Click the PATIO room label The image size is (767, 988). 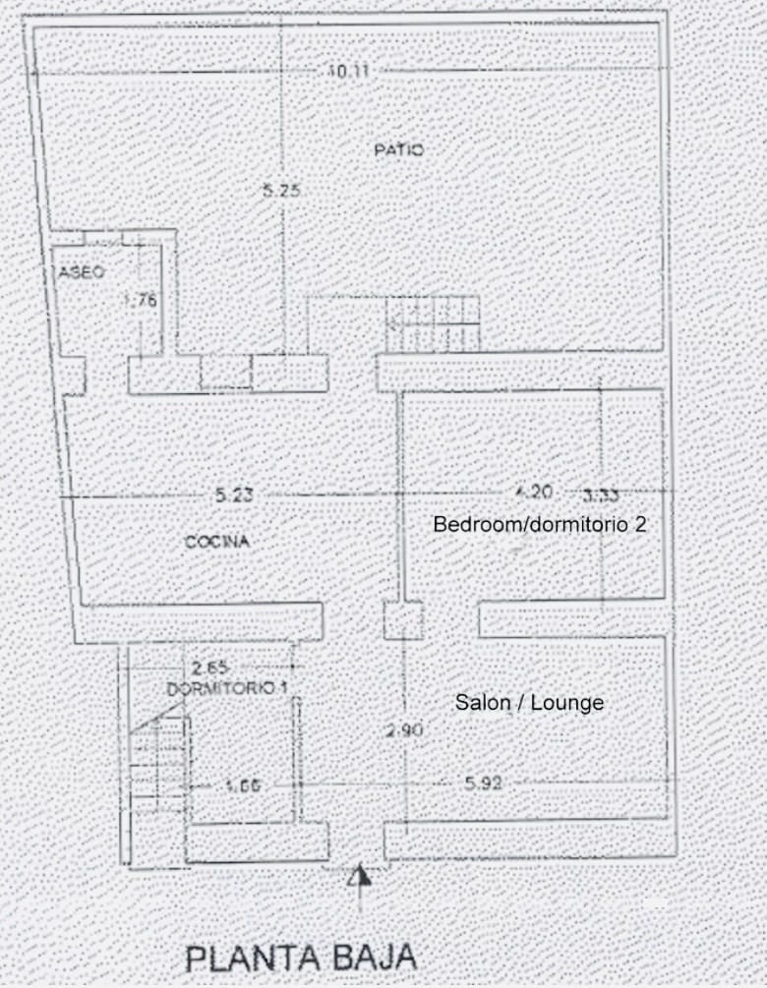point(398,150)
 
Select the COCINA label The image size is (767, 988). point(217,542)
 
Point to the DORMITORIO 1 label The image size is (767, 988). point(227,689)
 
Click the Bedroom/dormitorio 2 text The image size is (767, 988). point(540,524)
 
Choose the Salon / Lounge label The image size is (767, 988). point(529,703)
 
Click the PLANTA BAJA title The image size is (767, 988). point(301,957)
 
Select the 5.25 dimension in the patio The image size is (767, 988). point(281,192)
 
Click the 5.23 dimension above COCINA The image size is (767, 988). point(234,495)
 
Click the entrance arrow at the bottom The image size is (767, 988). point(360,878)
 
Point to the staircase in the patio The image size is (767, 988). point(433,324)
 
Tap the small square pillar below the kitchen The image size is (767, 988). point(402,620)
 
